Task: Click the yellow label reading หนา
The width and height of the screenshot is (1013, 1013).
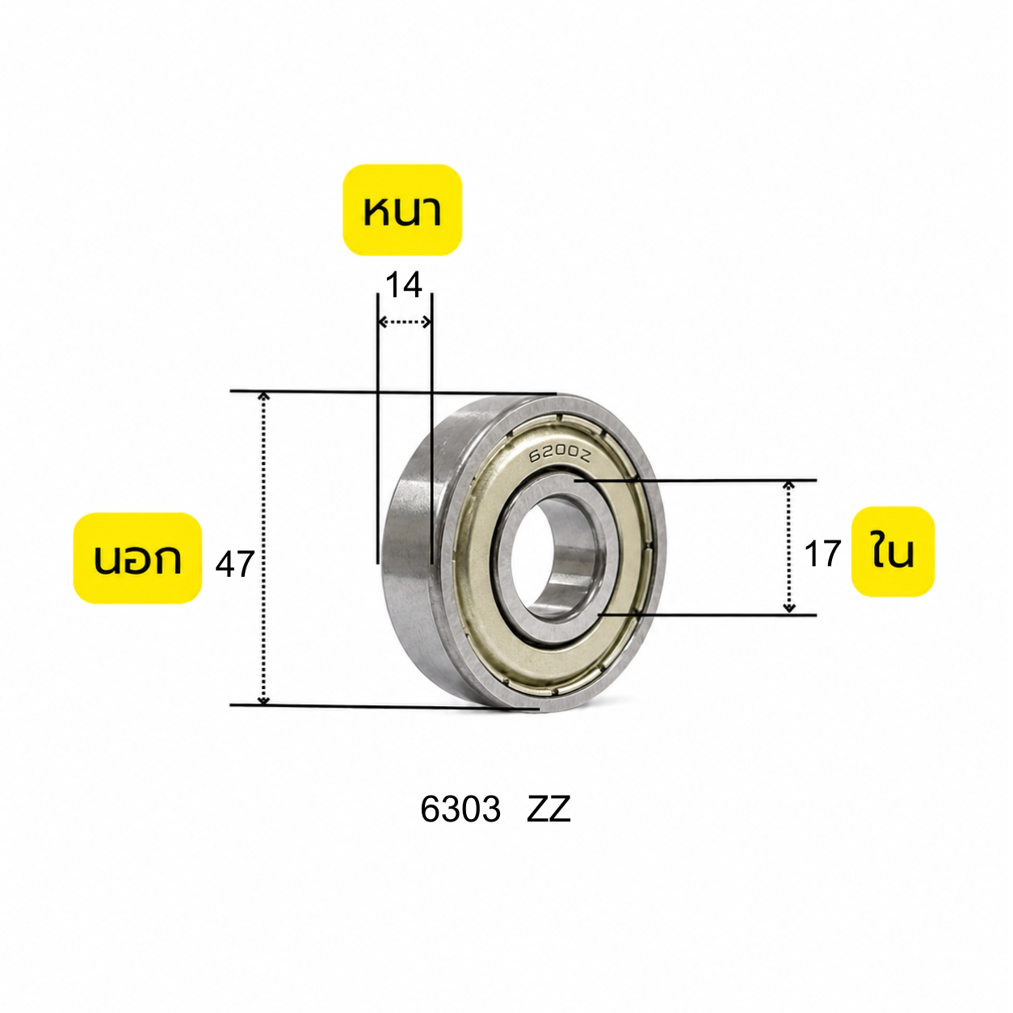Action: (403, 210)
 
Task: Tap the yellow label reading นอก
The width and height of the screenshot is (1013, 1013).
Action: (137, 557)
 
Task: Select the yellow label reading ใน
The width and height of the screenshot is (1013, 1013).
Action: (893, 552)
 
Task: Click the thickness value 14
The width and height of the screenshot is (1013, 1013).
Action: (404, 285)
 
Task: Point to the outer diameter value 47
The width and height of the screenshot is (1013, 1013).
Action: (235, 564)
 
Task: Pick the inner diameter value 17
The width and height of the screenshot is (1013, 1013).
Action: (823, 553)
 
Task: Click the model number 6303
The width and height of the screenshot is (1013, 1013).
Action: (460, 809)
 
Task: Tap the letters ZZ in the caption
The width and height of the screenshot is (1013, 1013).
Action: (549, 809)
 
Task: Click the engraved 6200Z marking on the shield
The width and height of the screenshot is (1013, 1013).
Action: (561, 454)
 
